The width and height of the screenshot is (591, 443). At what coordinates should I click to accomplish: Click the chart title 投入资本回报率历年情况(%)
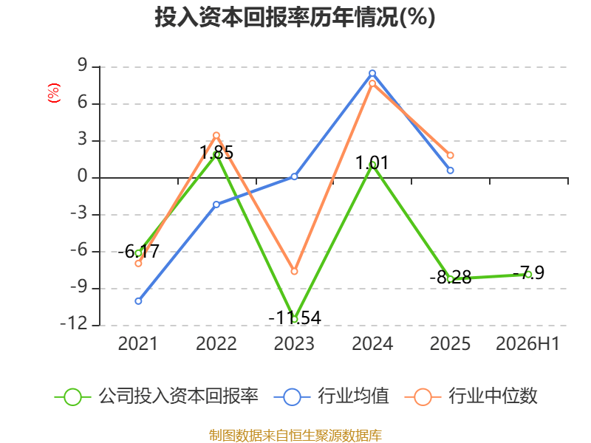tap(295, 17)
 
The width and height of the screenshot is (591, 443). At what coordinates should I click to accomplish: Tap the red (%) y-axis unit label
tap(54, 93)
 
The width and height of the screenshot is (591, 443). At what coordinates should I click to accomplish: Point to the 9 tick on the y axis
tap(83, 66)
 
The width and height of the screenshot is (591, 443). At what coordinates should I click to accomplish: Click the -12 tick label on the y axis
tap(74, 324)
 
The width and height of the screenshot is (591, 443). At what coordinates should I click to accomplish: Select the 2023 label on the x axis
tap(294, 343)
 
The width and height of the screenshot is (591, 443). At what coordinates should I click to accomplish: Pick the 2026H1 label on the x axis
tap(527, 343)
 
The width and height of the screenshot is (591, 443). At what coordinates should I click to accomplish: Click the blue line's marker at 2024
tap(372, 73)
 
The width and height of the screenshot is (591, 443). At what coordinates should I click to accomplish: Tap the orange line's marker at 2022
tap(216, 135)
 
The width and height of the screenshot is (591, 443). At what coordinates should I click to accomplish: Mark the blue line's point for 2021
tap(138, 301)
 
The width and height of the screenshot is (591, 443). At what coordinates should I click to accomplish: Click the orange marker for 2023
tap(294, 271)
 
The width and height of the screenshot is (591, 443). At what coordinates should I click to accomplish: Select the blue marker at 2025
tap(451, 171)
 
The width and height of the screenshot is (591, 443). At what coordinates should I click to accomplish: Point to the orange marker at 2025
tap(451, 155)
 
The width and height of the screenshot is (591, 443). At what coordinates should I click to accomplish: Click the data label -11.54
tap(295, 317)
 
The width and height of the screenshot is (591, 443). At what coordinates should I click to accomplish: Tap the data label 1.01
tap(372, 163)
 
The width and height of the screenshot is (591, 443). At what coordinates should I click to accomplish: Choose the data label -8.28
tap(451, 278)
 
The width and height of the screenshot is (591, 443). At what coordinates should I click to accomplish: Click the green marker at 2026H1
tap(528, 274)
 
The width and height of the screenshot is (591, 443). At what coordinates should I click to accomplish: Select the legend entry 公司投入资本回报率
tap(157, 396)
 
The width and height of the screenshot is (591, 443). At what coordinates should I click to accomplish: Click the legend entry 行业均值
tap(332, 396)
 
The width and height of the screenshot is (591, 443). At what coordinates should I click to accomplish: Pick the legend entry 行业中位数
tap(471, 396)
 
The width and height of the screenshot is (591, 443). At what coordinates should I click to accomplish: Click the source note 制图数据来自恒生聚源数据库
tap(295, 436)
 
